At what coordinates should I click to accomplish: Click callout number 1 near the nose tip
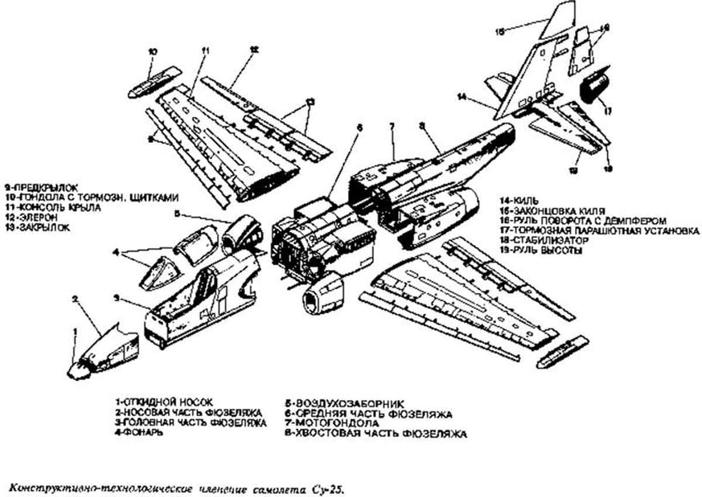(74, 332)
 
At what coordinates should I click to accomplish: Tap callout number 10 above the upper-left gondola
(152, 52)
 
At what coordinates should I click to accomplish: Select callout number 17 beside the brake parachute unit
(607, 109)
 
